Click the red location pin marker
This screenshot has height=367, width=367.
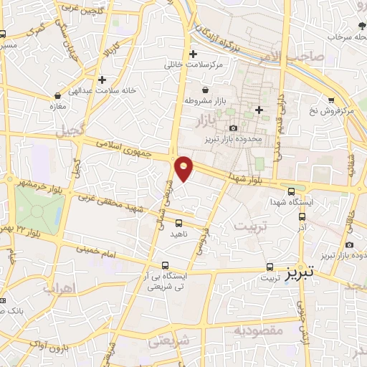point(184,168)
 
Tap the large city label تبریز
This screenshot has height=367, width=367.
point(300,273)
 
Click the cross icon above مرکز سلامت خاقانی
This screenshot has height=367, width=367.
point(192,54)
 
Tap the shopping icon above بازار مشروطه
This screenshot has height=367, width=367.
point(206,90)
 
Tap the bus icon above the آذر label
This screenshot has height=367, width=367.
point(302,215)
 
